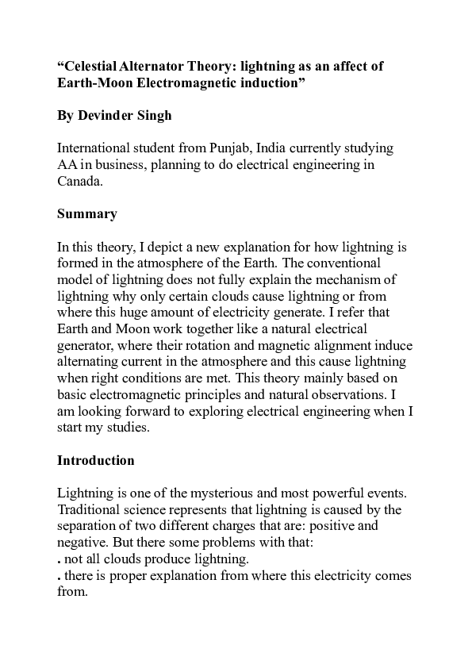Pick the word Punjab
pyautogui.click(x=232, y=148)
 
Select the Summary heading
pyautogui.click(x=87, y=213)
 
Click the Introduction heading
pyautogui.click(x=96, y=460)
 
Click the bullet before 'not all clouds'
pyautogui.click(x=59, y=561)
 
